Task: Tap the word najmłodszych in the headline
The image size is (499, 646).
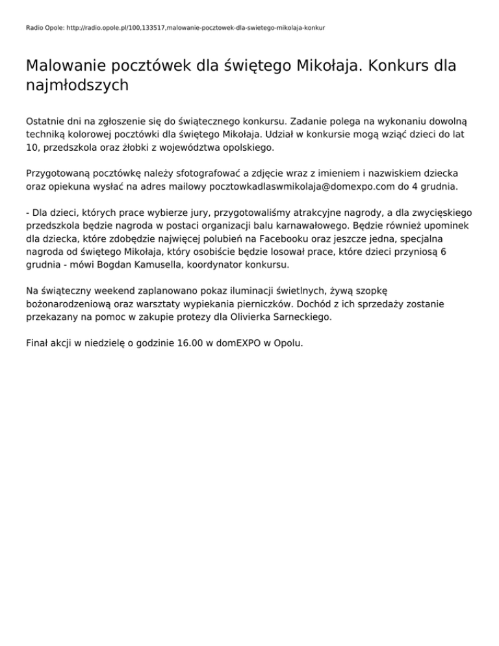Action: coord(77,85)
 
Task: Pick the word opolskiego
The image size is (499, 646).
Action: coord(248,148)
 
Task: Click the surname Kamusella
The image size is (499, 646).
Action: coord(193,265)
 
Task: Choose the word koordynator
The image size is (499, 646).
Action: coord(249,265)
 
